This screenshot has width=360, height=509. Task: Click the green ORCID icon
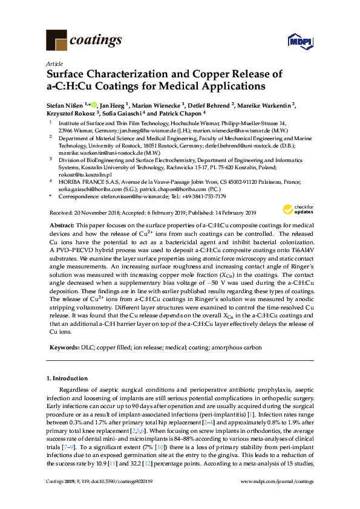[x=94, y=104]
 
